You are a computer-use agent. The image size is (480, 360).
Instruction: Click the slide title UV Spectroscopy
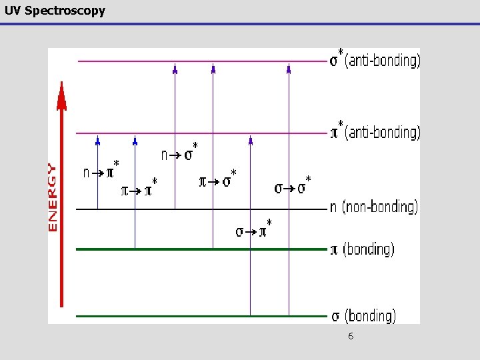tap(53, 11)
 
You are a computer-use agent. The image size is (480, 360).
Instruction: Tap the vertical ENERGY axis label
tap(53, 197)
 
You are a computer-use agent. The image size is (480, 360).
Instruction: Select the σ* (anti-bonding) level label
tap(375, 60)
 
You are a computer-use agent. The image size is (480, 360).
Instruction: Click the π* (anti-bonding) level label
tap(375, 131)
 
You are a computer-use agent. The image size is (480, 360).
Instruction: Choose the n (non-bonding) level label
tap(373, 207)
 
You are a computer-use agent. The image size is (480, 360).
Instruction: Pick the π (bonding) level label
tap(362, 249)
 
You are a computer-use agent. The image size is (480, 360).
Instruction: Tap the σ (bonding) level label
tap(363, 315)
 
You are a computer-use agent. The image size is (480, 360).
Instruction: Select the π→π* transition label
tap(139, 189)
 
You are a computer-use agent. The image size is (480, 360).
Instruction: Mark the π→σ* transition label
tap(218, 179)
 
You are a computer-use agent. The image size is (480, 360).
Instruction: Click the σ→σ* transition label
tap(293, 187)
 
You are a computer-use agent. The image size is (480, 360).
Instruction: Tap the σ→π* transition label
tap(254, 230)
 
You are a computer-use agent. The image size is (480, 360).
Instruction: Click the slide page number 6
tap(351, 337)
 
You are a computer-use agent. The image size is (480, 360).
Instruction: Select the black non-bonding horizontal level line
tap(200, 209)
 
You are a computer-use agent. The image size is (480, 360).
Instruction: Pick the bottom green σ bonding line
tap(200, 315)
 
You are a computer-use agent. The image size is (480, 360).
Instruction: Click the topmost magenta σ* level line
tap(200, 61)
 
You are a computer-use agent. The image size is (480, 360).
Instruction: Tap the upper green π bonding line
tap(200, 249)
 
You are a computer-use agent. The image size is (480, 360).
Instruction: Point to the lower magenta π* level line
tap(200, 133)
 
